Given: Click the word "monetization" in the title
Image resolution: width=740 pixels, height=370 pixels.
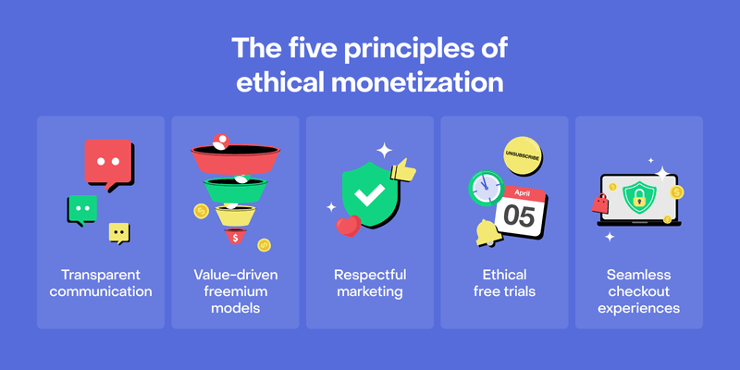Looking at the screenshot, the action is point(417,83).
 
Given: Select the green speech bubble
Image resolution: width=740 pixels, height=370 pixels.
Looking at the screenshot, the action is point(82,210).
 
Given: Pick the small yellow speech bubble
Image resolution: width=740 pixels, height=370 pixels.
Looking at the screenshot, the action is point(119,233).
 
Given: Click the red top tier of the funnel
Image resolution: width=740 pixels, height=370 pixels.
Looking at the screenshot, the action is point(235,158).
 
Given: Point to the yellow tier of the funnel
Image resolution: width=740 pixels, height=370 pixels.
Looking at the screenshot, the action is point(236,215).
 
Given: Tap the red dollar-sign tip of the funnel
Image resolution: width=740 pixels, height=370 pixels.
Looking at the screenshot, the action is point(235,236).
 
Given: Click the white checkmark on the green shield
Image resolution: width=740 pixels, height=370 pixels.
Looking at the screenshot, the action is point(369,195).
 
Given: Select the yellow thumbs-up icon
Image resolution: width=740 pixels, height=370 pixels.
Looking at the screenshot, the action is point(402,170).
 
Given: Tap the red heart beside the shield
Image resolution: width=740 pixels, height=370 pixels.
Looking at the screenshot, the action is point(349,225).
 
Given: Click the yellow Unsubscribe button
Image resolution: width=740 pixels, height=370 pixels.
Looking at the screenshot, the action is point(523,154).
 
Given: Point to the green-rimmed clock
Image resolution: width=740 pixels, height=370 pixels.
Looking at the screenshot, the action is point(487,189).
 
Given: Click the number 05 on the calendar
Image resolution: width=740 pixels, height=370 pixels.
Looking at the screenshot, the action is point(519,216).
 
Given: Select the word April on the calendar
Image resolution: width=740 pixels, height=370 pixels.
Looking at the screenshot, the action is point(523,192).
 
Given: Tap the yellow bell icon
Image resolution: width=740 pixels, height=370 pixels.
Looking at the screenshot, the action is point(489,233).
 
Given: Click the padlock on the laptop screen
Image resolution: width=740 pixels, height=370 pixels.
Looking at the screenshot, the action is point(638,198).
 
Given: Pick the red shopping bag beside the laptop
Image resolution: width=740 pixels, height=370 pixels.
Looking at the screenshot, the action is point(600,203).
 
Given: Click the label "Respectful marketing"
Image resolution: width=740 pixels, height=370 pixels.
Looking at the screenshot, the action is point(369,283).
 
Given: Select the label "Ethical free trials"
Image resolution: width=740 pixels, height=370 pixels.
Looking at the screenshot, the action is point(504,283).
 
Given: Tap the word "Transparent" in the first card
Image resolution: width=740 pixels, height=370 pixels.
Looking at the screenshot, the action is point(101,275).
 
